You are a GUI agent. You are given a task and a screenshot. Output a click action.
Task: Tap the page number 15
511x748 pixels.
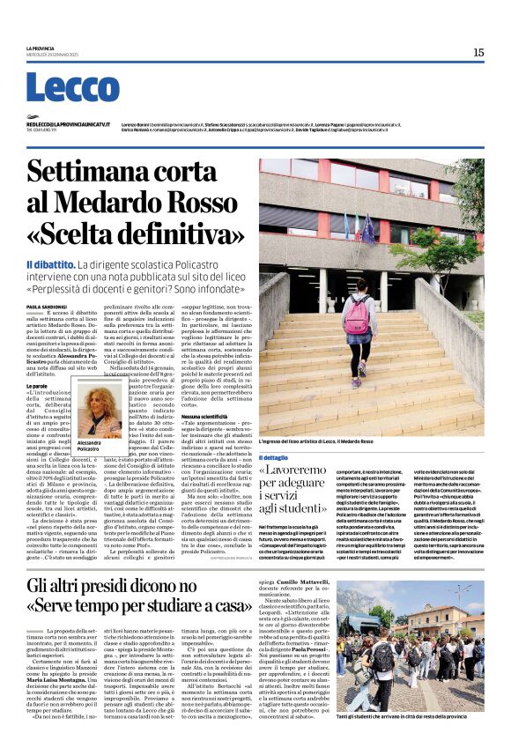click(x=478, y=53)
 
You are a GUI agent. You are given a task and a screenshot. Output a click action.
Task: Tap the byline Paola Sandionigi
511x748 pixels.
click(x=46, y=305)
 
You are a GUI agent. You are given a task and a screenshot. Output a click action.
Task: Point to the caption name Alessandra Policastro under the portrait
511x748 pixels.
click(x=90, y=446)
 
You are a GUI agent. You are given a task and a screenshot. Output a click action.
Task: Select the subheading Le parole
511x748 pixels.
click(x=36, y=360)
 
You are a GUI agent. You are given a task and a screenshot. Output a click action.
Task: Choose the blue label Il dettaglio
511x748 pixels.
click(x=273, y=457)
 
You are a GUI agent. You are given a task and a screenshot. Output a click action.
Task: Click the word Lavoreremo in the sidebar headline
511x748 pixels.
click(x=303, y=471)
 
